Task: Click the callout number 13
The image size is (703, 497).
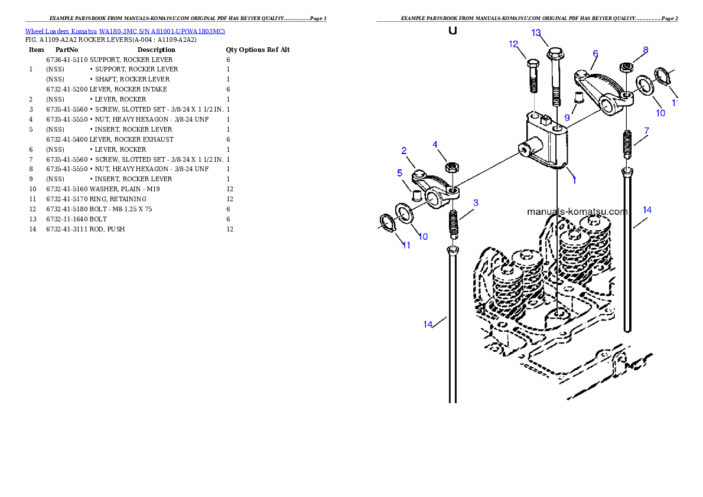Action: tap(536, 33)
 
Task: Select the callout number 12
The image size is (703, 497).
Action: tap(513, 44)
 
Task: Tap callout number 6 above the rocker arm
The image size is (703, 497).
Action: tap(595, 54)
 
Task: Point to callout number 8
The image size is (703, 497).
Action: tap(646, 51)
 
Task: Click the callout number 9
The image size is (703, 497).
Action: tap(567, 117)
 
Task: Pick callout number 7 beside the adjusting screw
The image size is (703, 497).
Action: tap(647, 130)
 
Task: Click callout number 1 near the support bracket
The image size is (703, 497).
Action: tap(574, 180)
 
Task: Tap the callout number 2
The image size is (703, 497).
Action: tap(404, 151)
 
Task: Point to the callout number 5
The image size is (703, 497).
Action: tap(399, 173)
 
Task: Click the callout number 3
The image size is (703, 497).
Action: tap(476, 202)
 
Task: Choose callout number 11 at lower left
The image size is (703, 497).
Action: tap(406, 246)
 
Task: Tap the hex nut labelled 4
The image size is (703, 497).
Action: tap(451, 168)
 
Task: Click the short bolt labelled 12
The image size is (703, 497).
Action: tap(532, 76)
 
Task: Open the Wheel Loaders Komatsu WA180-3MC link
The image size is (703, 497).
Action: tap(125, 31)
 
